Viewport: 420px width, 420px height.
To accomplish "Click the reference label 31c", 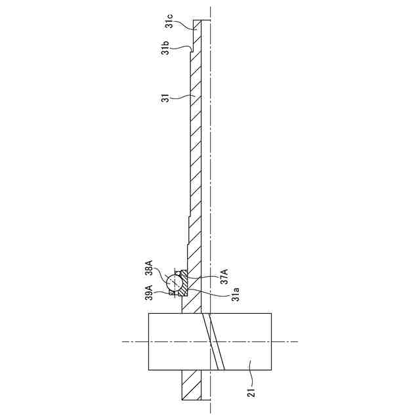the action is [x=169, y=21].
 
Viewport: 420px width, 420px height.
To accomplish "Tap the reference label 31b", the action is [x=166, y=48].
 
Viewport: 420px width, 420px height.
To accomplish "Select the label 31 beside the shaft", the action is [x=166, y=98].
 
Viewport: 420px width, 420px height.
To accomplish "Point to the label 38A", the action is [x=148, y=268].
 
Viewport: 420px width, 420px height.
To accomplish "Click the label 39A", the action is [x=149, y=293].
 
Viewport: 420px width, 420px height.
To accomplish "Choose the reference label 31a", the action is [x=236, y=294].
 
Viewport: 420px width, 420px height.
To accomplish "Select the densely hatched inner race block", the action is [x=184, y=283].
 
